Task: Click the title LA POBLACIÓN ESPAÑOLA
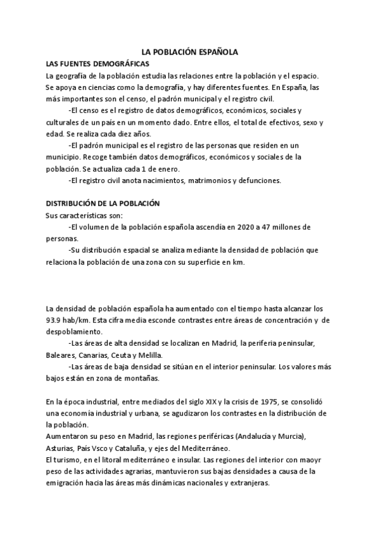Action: click(189, 54)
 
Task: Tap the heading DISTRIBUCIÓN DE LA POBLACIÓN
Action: click(103, 204)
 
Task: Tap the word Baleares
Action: click(61, 355)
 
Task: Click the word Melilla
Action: click(151, 355)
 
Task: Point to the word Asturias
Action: click(61, 448)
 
